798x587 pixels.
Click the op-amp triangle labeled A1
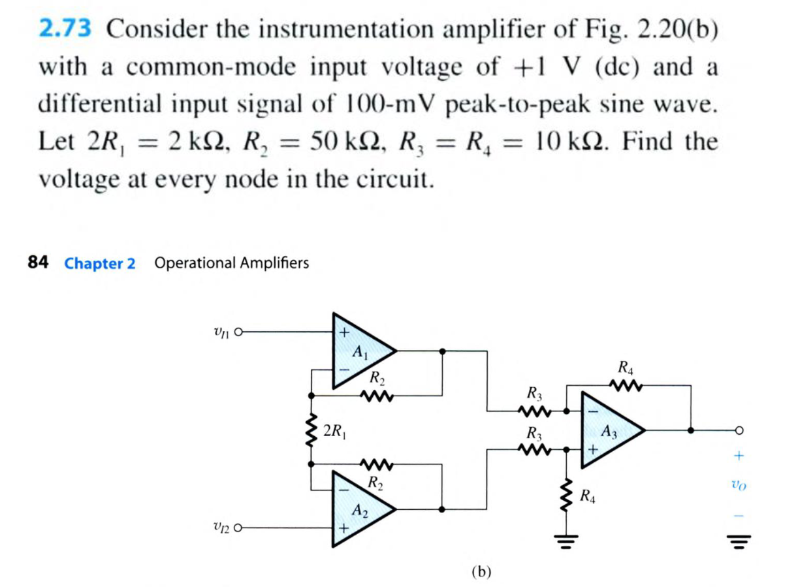[x=360, y=353]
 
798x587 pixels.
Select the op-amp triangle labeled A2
[x=360, y=507]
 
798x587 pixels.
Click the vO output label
[x=738, y=485]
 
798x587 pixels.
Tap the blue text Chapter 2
[x=100, y=264]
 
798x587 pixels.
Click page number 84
[x=38, y=263]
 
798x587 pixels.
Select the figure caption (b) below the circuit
[x=481, y=572]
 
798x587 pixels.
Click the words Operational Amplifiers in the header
[x=232, y=264]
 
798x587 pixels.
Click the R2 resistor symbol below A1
[x=377, y=396]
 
